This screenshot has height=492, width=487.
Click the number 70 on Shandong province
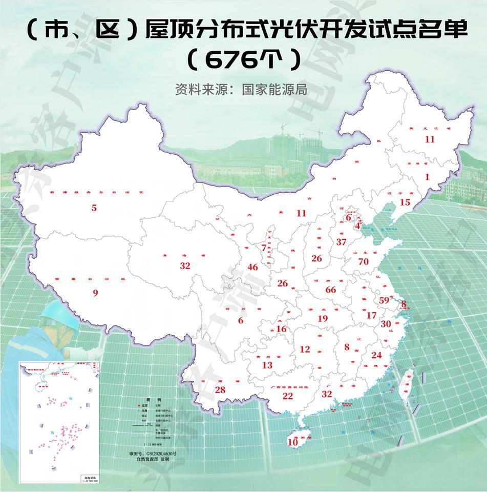[364, 262]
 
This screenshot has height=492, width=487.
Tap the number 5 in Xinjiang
[94, 208]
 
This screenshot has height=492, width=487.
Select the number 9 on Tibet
[95, 293]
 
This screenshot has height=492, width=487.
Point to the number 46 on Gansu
[252, 267]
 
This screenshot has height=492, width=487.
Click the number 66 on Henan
[331, 290]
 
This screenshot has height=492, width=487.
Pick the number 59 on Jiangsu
[385, 300]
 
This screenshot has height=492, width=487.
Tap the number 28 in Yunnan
[220, 390]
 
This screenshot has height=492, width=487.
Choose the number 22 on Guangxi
[288, 396]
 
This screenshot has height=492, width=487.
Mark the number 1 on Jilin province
[428, 177]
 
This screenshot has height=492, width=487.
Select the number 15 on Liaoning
[405, 202]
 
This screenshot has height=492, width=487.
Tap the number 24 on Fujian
[376, 355]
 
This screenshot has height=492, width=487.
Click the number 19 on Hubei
[322, 319]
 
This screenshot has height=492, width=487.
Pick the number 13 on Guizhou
[267, 365]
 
